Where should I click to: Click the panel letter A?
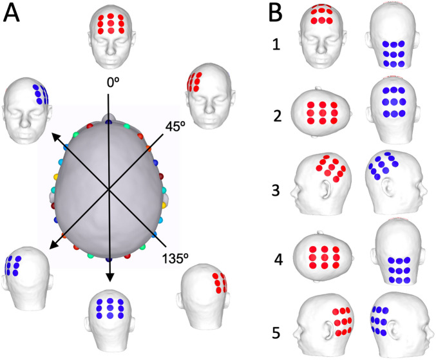15,15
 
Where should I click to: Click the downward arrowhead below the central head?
109,278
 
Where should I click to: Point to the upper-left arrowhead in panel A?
56,136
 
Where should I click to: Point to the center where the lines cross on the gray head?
109,189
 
